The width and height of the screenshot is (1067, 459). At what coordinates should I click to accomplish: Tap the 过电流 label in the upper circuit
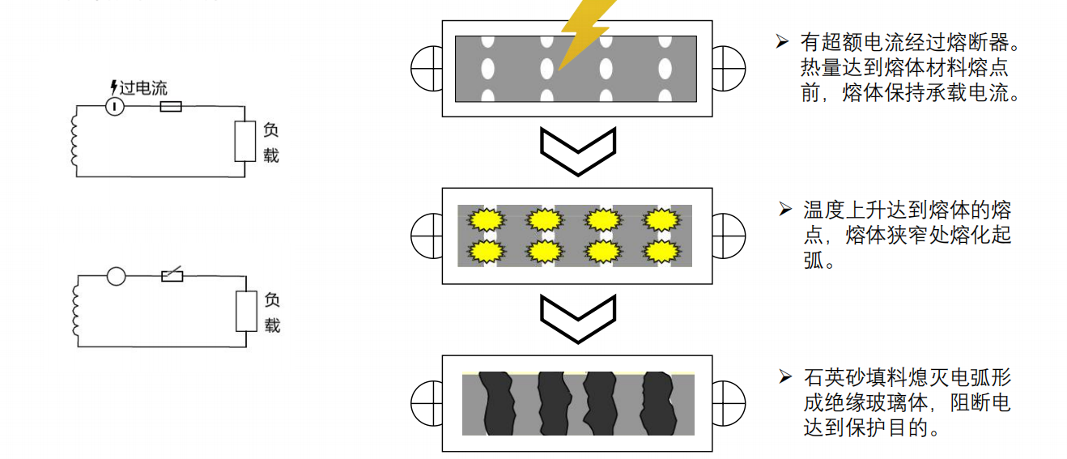tap(143, 88)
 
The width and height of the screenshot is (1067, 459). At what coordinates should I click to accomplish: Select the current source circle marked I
tap(116, 106)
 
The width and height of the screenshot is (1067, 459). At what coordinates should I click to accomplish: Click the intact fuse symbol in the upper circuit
tap(170, 106)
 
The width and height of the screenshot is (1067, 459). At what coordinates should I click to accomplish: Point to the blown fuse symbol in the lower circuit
tap(172, 276)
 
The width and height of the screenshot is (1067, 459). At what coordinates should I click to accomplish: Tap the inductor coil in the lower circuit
tap(76, 311)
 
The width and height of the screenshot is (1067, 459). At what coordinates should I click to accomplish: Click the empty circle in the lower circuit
tap(117, 277)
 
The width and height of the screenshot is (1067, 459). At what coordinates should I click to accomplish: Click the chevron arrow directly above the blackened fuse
tap(577, 318)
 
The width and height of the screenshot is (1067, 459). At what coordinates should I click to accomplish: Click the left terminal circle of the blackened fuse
tap(427, 403)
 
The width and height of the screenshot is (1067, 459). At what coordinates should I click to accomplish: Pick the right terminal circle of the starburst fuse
tap(728, 236)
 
